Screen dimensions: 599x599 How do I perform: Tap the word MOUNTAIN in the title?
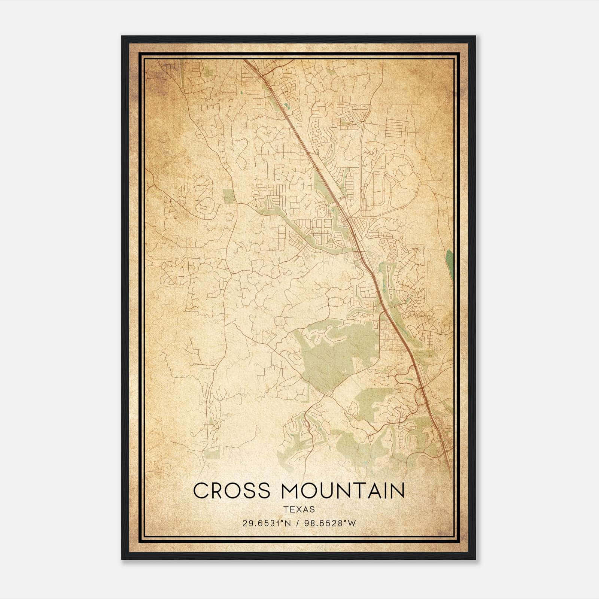(343, 491)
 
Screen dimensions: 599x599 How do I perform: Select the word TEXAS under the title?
(299, 510)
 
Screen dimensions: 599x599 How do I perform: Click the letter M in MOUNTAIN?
(291, 491)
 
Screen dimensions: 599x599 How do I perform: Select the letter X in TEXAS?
(299, 510)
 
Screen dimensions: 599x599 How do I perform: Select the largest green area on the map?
(329, 356)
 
